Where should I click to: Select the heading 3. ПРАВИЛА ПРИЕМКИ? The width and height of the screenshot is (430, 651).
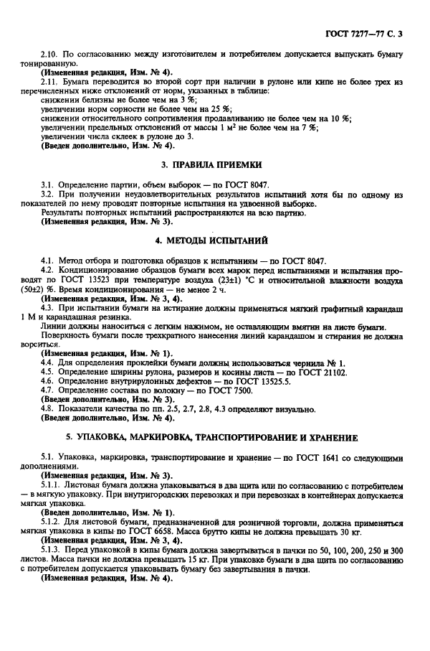coord(211,164)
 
